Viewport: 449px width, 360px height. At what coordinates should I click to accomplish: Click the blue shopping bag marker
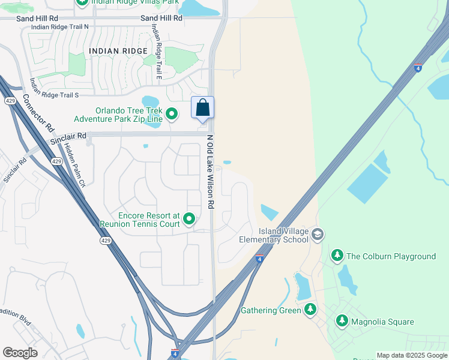[203, 108]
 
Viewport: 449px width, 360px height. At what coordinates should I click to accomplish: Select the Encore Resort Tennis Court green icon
[190, 219]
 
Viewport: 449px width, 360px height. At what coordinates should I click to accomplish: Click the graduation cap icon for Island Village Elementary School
[318, 234]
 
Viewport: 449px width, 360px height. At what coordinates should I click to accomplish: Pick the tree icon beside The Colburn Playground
[337, 256]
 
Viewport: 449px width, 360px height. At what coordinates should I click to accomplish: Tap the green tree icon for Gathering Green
[310, 310]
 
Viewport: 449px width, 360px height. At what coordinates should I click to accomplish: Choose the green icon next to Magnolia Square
[342, 322]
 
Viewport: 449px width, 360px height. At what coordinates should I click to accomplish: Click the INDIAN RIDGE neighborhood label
[118, 51]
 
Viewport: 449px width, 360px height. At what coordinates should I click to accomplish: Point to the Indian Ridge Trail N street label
[59, 27]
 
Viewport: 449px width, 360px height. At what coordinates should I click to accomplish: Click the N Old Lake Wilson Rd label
[211, 172]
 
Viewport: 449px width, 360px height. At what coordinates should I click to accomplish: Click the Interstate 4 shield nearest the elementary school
[259, 259]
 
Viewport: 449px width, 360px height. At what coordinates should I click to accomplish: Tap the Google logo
[20, 353]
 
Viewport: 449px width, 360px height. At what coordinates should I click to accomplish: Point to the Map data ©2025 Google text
[412, 355]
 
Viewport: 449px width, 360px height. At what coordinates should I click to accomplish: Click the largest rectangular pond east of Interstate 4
[367, 184]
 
